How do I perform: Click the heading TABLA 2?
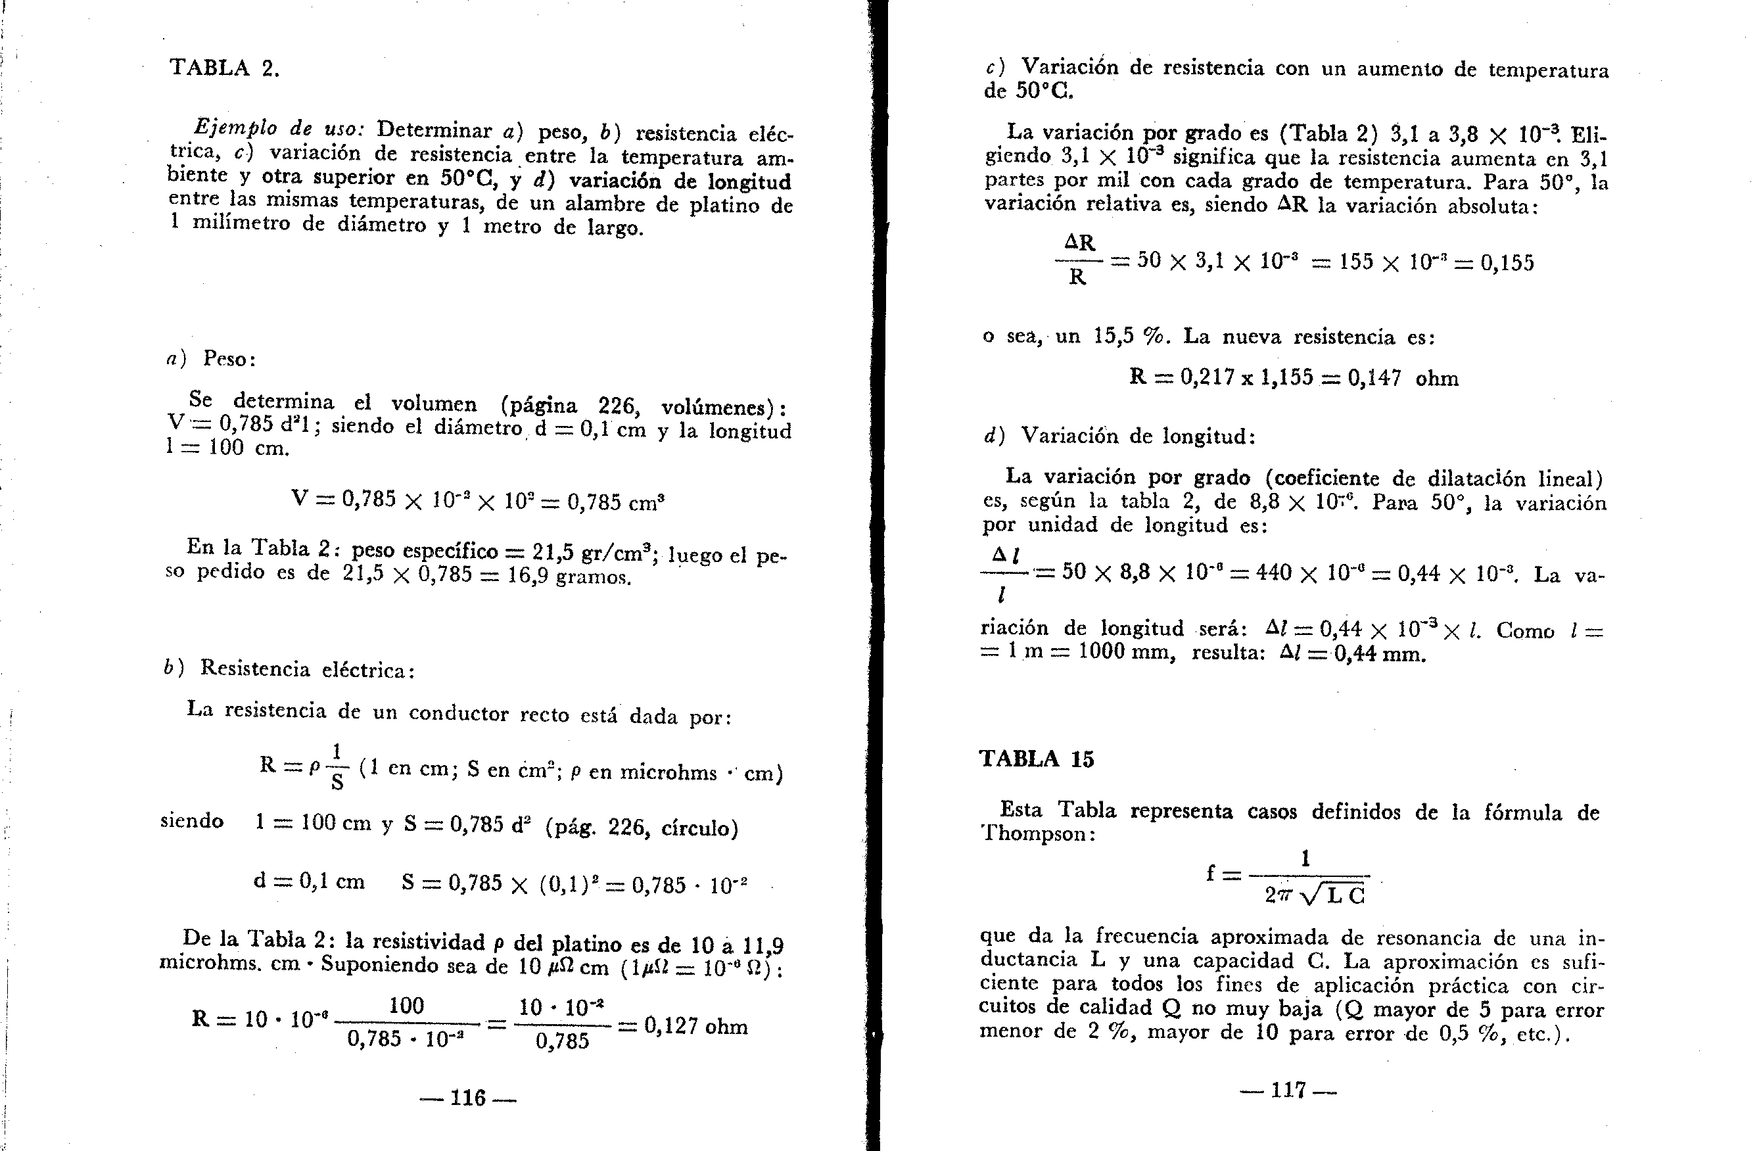coord(225,68)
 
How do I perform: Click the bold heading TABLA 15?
coord(1036,759)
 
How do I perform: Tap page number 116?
coord(468,1098)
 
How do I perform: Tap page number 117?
coord(1289,1090)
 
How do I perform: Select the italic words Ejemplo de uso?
coord(279,129)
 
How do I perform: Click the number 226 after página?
coord(617,406)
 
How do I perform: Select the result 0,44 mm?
coord(1379,654)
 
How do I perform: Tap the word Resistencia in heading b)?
coord(255,669)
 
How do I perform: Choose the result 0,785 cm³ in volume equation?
coord(616,503)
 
